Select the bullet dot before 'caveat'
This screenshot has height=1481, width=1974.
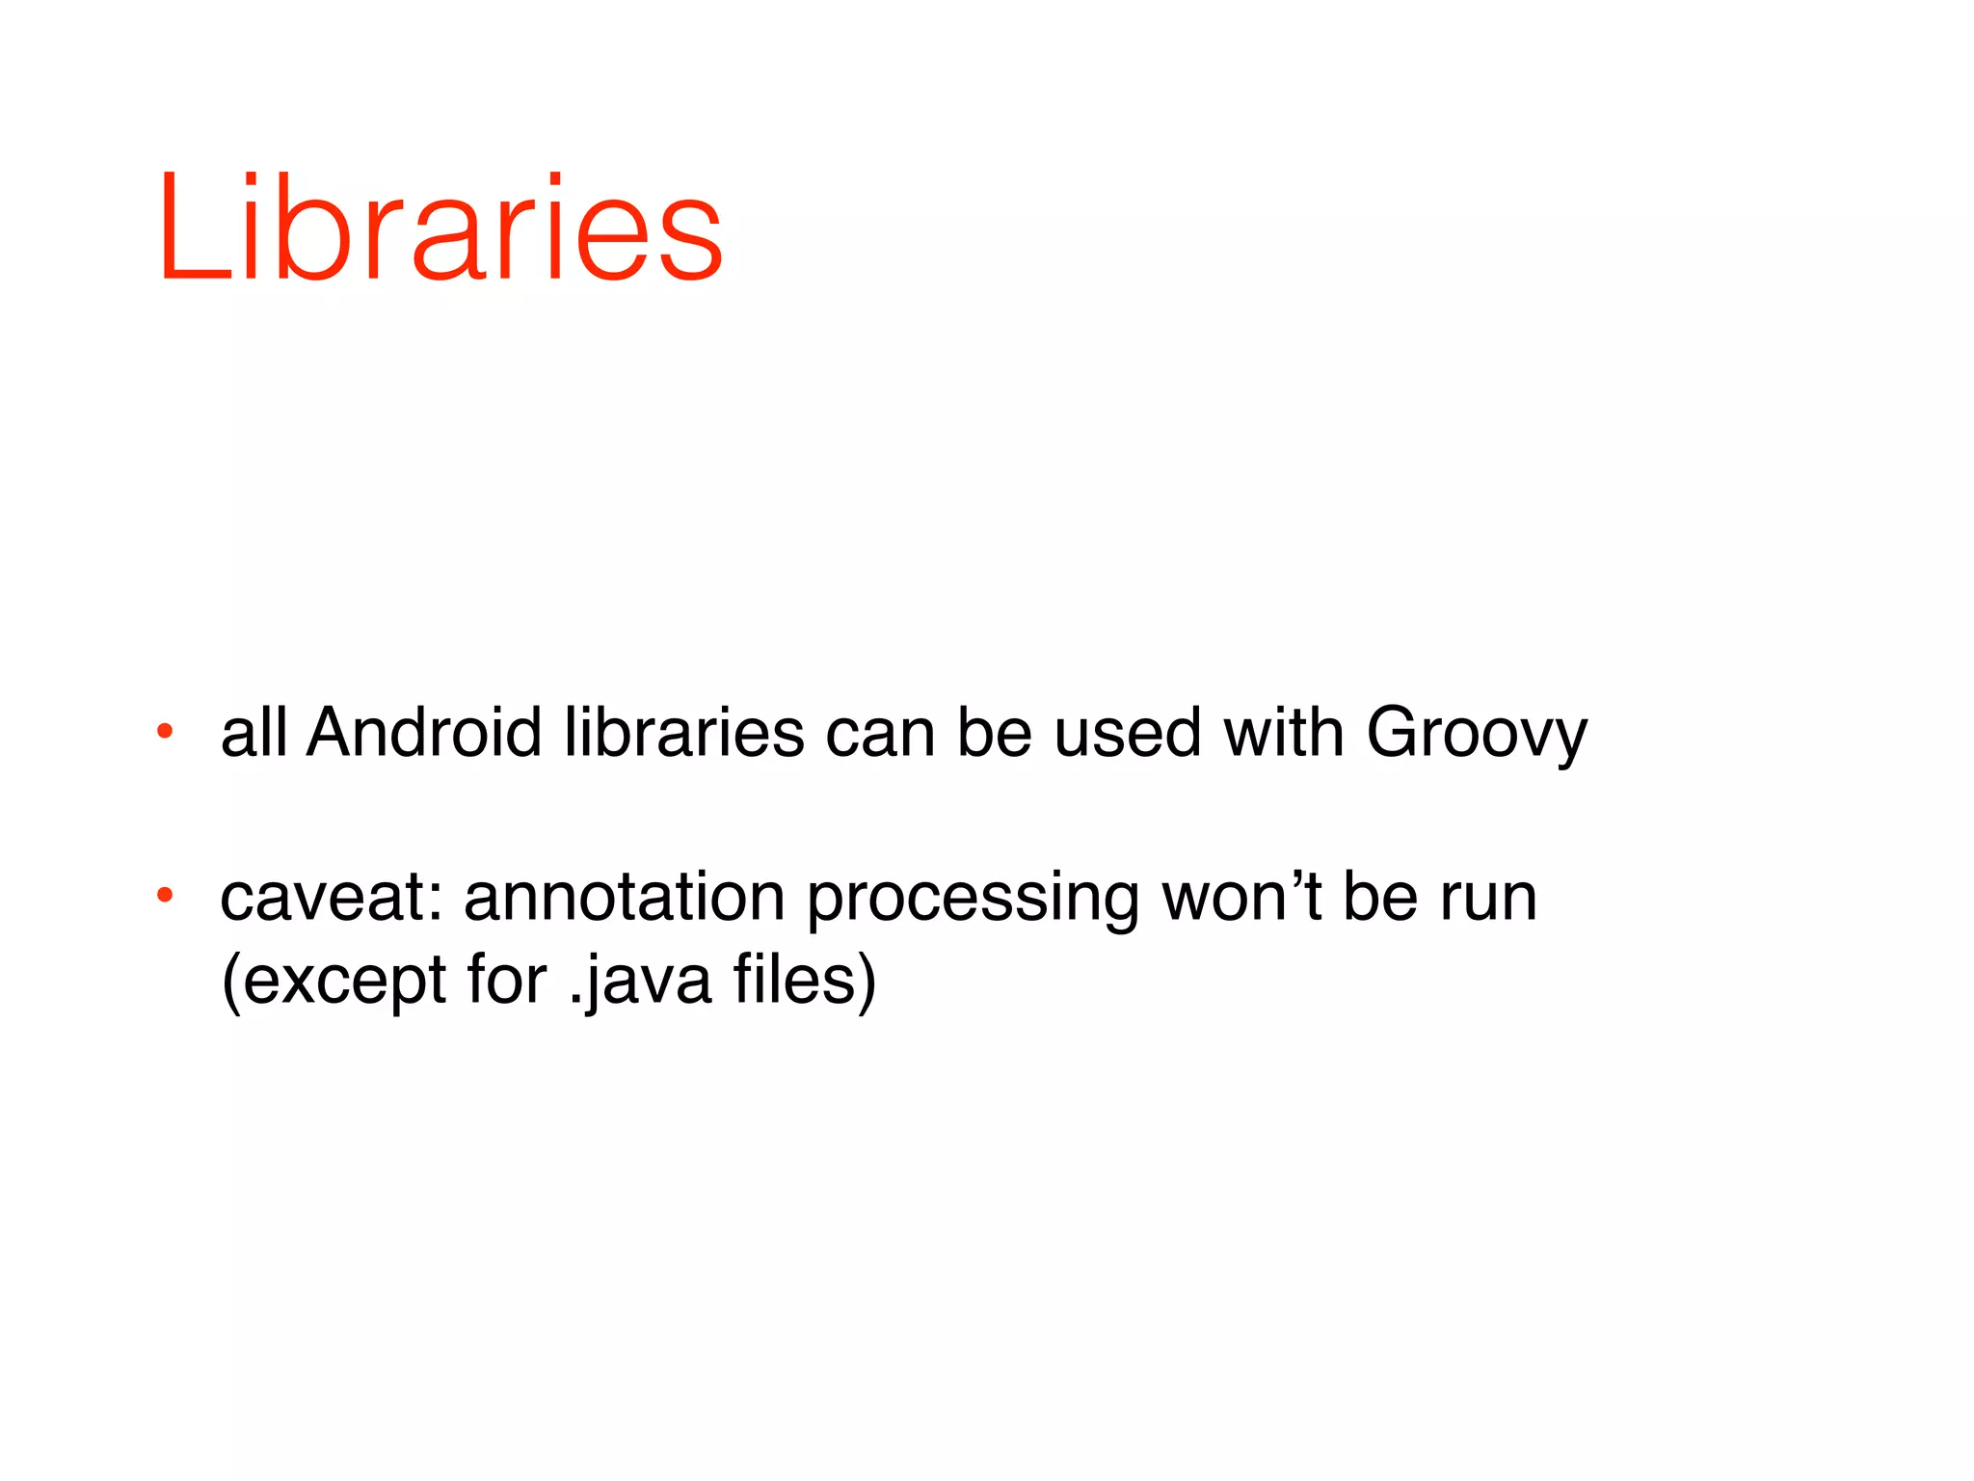(x=165, y=895)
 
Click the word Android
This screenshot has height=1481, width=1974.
(x=424, y=733)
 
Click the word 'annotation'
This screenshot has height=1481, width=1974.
(x=624, y=898)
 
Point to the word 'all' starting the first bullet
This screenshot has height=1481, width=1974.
(x=253, y=733)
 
